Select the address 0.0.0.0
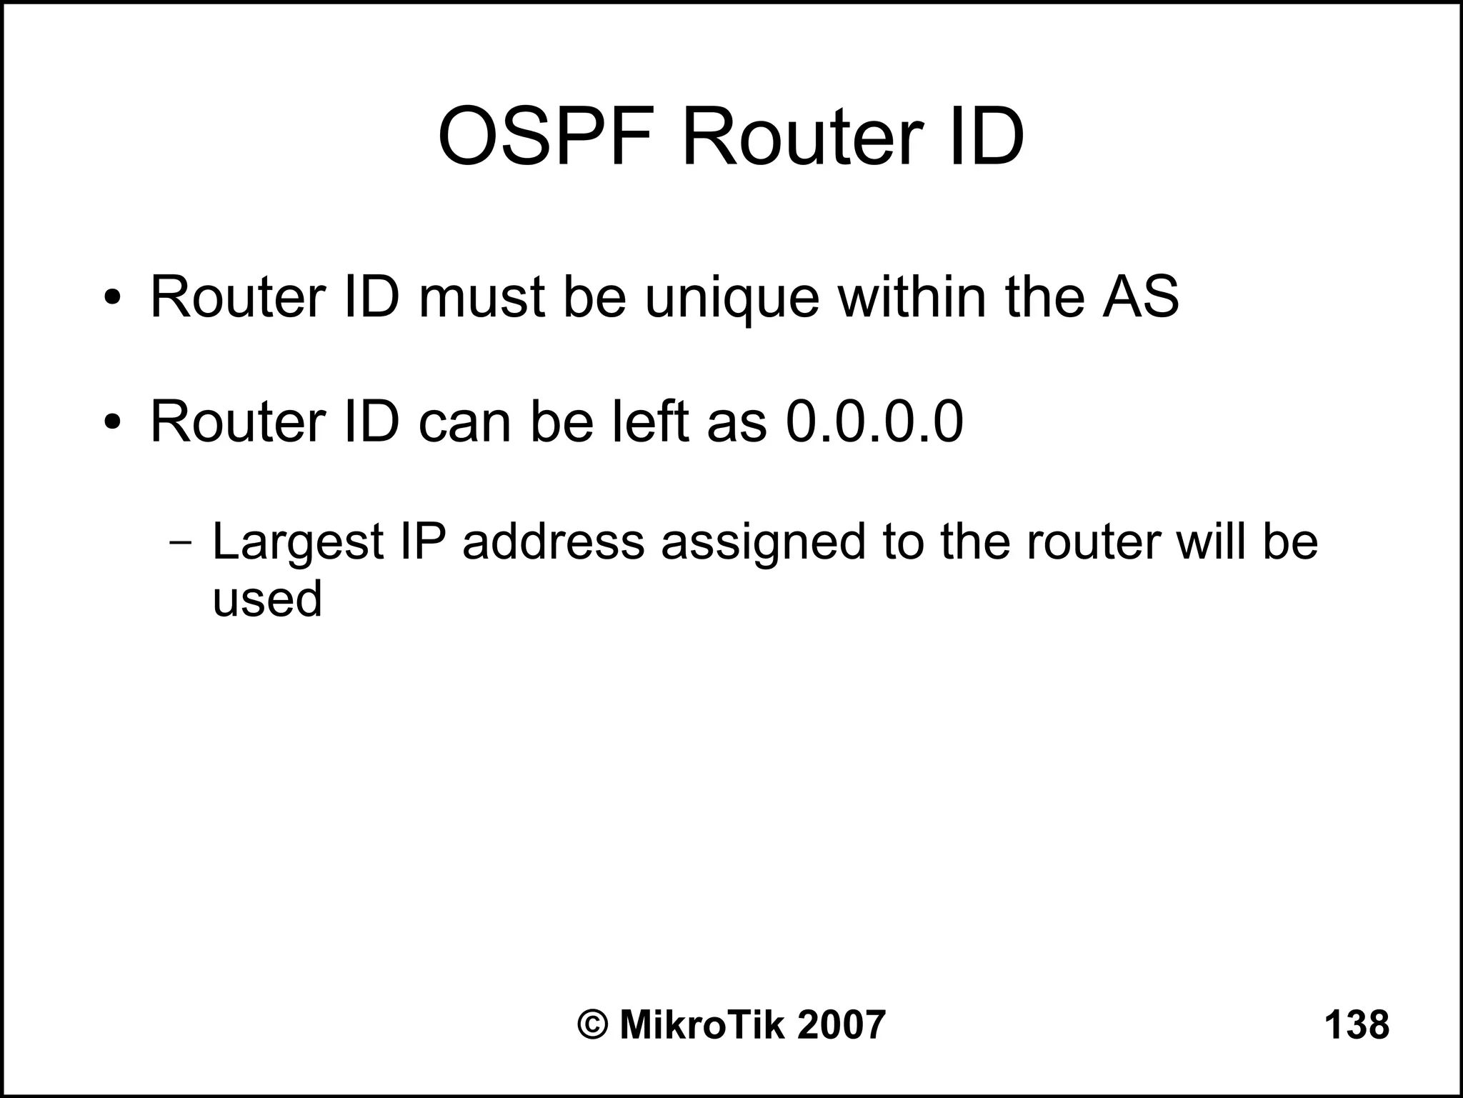click(874, 421)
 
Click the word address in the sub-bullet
click(553, 541)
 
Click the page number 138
click(1357, 1025)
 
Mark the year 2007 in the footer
click(841, 1025)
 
